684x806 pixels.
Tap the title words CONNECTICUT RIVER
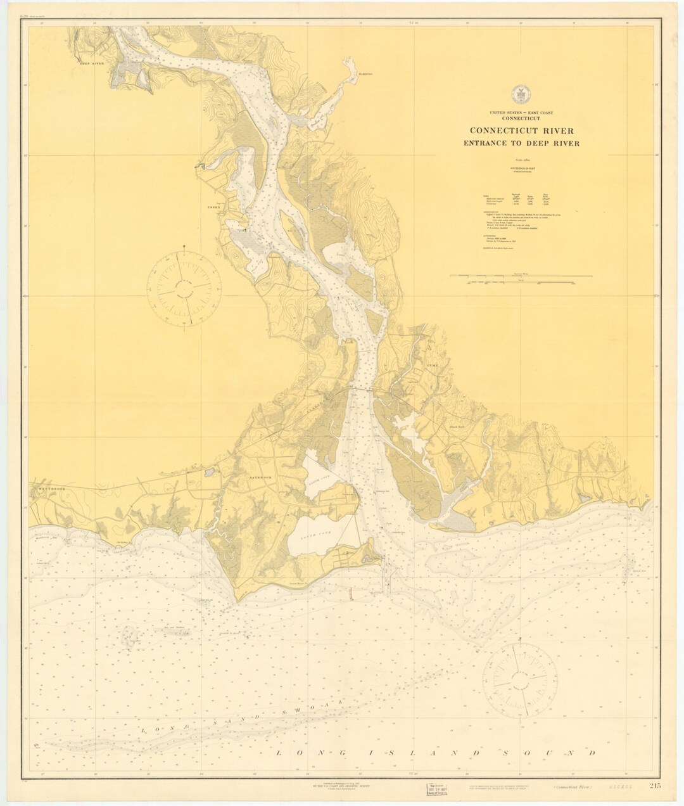(521, 131)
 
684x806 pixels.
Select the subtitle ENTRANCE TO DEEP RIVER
(521, 143)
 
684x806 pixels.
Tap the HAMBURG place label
(361, 75)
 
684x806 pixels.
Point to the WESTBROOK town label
(47, 489)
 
